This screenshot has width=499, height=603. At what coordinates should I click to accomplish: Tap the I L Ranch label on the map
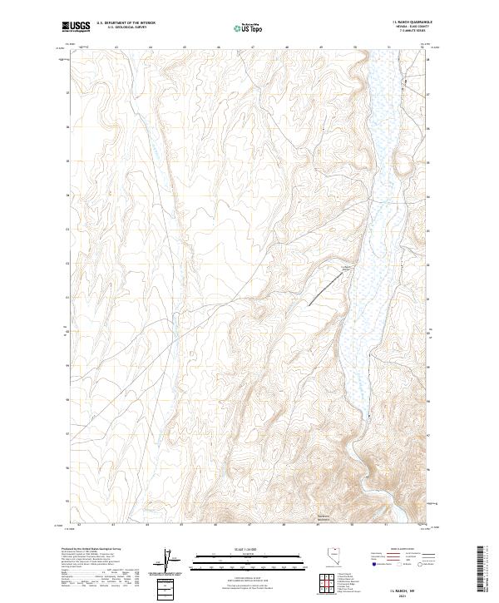pos(348,266)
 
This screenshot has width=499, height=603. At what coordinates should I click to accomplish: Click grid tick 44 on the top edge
pos(150,47)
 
